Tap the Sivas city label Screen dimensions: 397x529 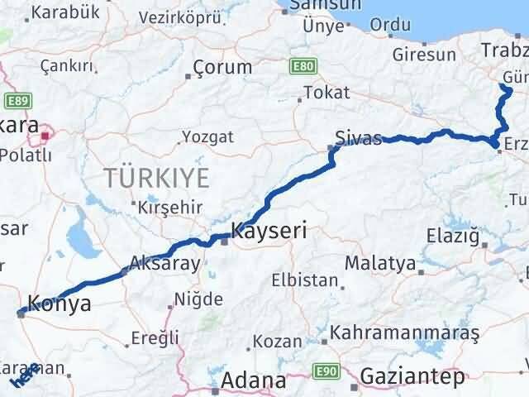pos(358,136)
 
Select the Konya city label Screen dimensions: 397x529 pos(60,304)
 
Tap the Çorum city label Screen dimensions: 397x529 pos(222,67)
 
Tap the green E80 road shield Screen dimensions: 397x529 pos(300,65)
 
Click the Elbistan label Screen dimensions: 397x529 pos(305,280)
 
